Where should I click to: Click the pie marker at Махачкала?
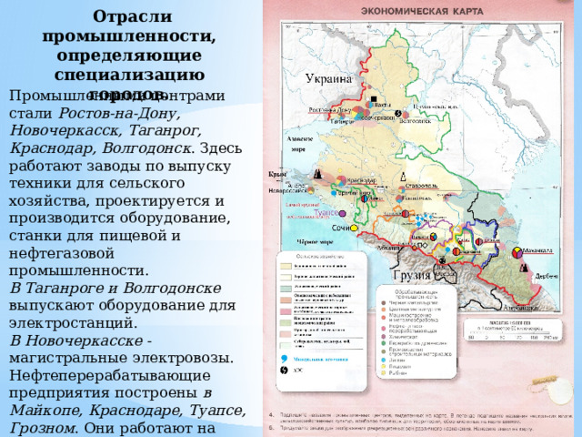click(517, 249)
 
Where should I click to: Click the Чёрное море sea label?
click(314, 242)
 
